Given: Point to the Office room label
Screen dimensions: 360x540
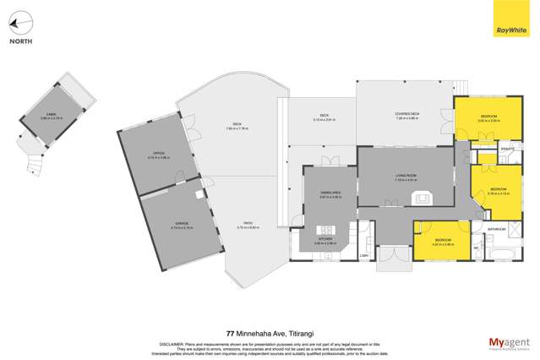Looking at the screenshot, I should (x=155, y=155).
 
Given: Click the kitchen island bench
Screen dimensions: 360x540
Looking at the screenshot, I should (x=324, y=230).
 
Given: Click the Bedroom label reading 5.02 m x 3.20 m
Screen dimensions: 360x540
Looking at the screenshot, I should (x=488, y=119).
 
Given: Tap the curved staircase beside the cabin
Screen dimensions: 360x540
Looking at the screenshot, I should (x=35, y=156).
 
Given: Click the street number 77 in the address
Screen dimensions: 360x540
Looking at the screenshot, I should (x=230, y=333).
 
